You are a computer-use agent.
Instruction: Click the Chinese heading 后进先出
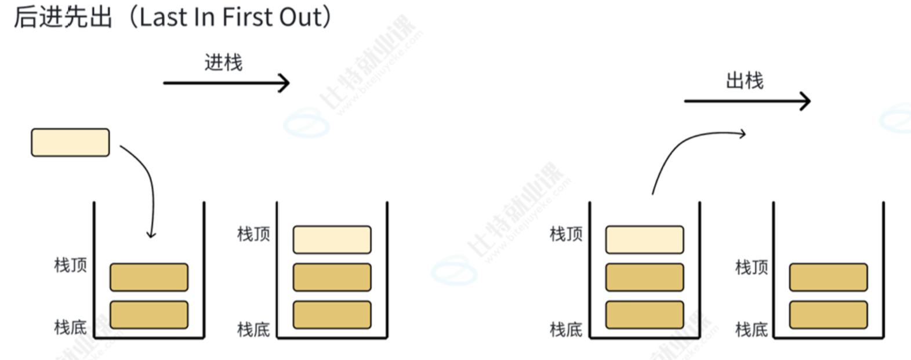point(63,17)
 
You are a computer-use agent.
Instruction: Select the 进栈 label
point(223,63)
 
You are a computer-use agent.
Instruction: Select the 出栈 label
point(745,81)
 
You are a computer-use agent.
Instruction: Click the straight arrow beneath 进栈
point(226,83)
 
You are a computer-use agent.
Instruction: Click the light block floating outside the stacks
point(70,143)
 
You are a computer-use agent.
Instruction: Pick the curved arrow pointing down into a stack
point(148,186)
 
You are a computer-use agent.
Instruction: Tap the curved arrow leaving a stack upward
point(684,151)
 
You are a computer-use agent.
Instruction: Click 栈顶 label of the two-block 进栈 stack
point(70,265)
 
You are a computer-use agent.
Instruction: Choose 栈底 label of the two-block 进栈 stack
point(70,327)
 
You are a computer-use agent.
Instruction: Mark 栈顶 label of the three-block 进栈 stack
point(253,234)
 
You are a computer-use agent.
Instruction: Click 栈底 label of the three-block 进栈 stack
point(253,330)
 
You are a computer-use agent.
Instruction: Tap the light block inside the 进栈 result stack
point(332,239)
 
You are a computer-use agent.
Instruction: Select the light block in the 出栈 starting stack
point(644,239)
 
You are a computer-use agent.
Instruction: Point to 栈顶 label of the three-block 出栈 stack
point(566,234)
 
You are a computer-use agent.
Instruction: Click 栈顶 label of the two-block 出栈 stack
point(752,267)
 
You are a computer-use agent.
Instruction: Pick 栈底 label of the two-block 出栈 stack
point(752,330)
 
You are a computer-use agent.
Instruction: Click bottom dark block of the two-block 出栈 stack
point(828,315)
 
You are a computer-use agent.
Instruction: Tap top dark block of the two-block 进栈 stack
point(149,277)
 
